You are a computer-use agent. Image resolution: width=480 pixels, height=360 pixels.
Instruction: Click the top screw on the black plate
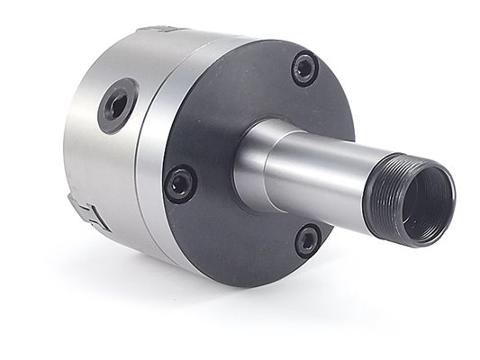[x=304, y=68]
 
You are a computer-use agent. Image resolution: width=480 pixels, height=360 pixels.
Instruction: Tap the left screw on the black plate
[x=180, y=183]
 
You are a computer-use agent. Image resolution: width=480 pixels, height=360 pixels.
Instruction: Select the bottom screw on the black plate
[x=308, y=240]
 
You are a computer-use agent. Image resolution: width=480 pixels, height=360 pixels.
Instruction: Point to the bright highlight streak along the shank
[x=324, y=148]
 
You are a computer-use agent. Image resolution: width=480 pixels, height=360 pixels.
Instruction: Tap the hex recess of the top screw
[x=304, y=68]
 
